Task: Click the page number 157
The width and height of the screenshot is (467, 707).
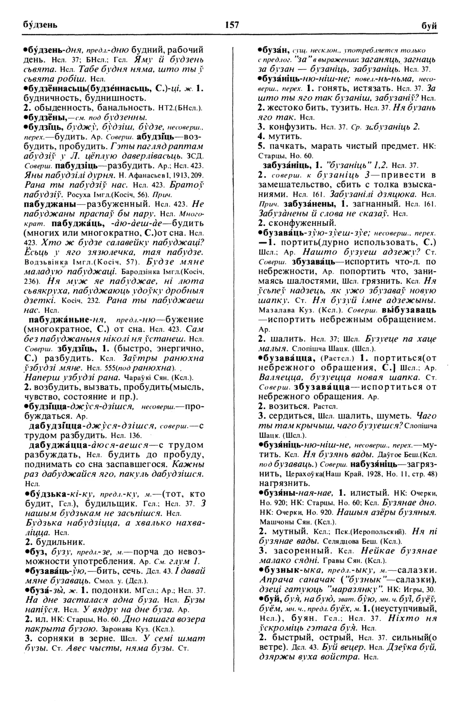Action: [232, 25]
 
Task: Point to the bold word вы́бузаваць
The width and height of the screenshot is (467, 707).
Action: [409, 310]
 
